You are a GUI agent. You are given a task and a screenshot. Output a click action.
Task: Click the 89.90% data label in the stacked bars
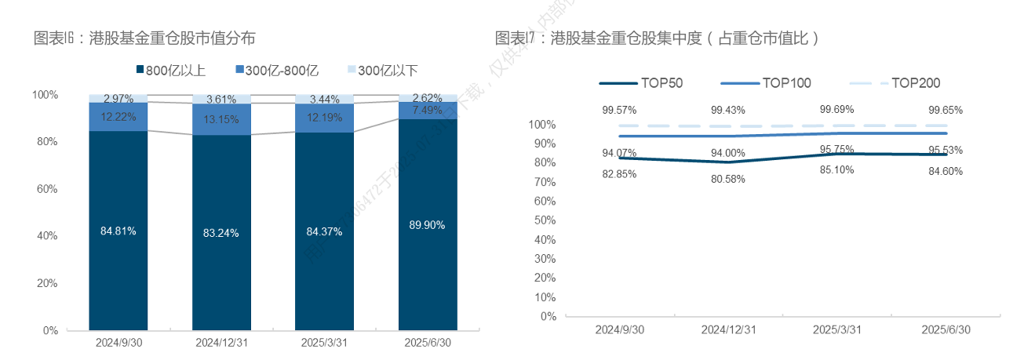point(427,225)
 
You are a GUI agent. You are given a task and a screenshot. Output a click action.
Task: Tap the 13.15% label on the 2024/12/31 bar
point(221,119)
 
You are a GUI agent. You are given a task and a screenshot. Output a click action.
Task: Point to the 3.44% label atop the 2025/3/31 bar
point(324,99)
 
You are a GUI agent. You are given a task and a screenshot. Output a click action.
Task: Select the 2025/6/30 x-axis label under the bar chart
point(427,343)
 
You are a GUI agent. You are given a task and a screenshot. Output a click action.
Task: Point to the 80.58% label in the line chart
point(728,179)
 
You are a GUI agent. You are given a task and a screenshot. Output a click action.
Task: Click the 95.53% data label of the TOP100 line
point(946,150)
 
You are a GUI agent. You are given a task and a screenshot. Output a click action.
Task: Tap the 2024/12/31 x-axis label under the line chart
point(728,330)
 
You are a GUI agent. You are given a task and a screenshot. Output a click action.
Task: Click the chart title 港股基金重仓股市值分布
point(144,37)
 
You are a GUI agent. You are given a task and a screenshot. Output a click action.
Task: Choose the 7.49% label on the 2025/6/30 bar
point(427,110)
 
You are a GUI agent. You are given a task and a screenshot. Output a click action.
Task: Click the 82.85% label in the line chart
point(619,174)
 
